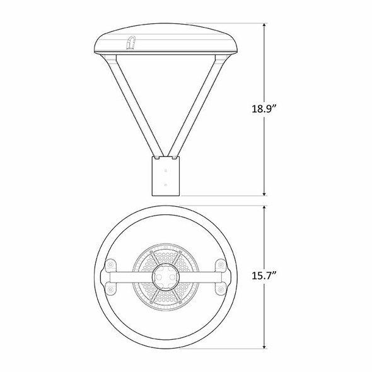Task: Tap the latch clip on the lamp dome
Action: tap(131, 42)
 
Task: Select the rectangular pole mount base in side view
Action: tap(166, 177)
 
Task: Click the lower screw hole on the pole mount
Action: tap(166, 185)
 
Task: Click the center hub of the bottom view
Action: tap(166, 276)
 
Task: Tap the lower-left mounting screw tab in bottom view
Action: tap(112, 289)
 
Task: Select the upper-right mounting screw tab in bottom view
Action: tap(220, 264)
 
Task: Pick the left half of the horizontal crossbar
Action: tap(129, 276)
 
